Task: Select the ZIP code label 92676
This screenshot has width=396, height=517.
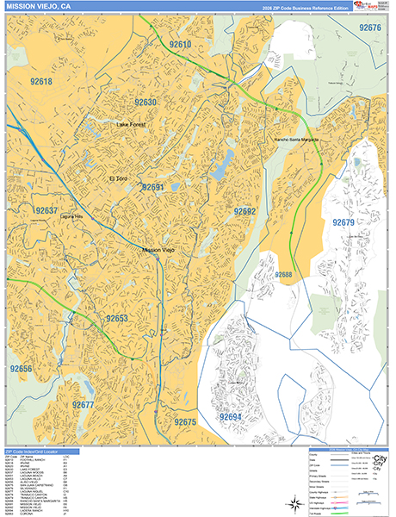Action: [370, 28]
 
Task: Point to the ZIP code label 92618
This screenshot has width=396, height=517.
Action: [41, 82]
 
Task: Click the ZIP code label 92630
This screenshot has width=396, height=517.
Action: [145, 103]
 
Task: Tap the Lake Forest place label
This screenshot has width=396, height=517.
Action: [134, 125]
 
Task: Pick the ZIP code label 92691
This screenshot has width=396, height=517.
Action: [152, 187]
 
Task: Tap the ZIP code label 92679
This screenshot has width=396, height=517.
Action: [343, 223]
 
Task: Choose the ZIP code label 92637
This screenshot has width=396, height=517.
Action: [46, 210]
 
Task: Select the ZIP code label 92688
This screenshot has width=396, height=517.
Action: [284, 275]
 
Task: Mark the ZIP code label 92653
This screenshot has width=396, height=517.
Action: [117, 319]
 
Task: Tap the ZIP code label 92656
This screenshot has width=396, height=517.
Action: [22, 368]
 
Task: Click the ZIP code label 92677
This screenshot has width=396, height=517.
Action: [84, 404]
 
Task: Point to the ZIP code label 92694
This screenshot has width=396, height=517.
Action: [230, 417]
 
